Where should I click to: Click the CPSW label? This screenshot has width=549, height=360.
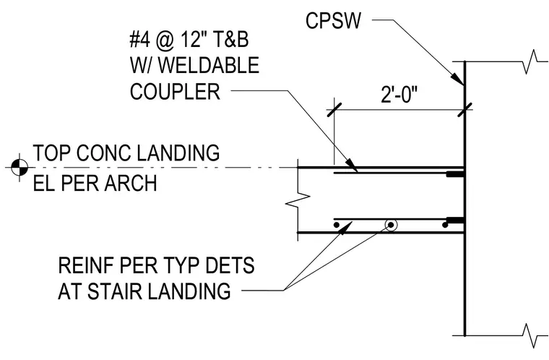click(x=333, y=21)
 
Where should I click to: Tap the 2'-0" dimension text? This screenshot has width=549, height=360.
click(x=399, y=94)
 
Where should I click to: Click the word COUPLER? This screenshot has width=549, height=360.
click(x=175, y=92)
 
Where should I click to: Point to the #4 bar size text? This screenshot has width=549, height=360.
click(x=139, y=40)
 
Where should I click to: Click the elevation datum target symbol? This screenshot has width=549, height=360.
click(x=20, y=167)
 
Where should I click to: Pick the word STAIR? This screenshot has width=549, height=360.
click(x=113, y=291)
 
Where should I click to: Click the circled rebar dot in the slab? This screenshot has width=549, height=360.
click(x=391, y=225)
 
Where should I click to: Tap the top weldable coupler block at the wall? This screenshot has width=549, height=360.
click(x=455, y=174)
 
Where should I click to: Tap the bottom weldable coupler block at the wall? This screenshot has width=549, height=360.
click(x=455, y=220)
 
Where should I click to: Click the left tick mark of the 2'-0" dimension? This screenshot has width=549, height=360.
click(x=334, y=109)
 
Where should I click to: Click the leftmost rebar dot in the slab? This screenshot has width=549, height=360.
click(x=337, y=225)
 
